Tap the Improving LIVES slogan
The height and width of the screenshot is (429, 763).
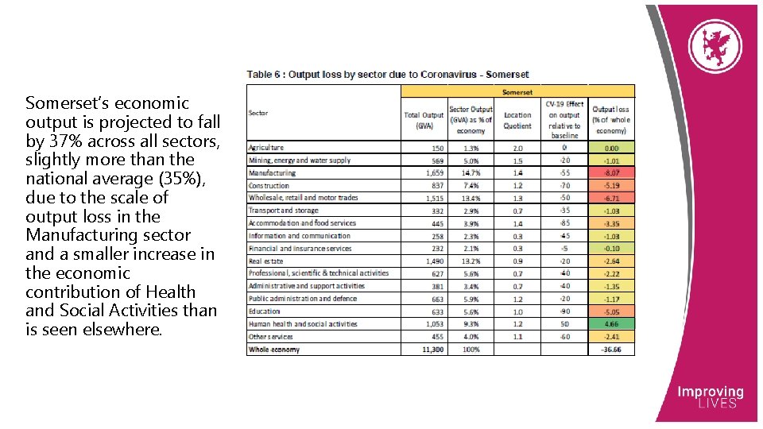pyautogui.click(x=710, y=397)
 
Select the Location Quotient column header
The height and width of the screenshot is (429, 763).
pyautogui.click(x=517, y=120)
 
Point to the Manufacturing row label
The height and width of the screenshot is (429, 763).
pyautogui.click(x=272, y=172)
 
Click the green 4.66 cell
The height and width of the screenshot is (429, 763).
pyautogui.click(x=612, y=324)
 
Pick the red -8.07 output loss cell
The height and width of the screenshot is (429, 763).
pyautogui.click(x=612, y=172)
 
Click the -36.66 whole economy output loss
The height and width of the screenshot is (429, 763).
pyautogui.click(x=612, y=350)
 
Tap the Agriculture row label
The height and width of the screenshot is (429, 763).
pyautogui.click(x=266, y=148)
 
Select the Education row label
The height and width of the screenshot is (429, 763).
pyautogui.click(x=265, y=311)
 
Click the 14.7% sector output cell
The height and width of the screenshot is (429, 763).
pyautogui.click(x=471, y=172)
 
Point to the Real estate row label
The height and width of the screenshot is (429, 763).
pyautogui.click(x=266, y=261)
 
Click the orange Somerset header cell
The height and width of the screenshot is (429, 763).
pyautogui.click(x=517, y=91)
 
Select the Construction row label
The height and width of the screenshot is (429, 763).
pyautogui.click(x=269, y=185)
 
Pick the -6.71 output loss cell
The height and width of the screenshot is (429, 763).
pyautogui.click(x=612, y=198)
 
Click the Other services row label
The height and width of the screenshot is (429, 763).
pyautogui.click(x=271, y=337)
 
